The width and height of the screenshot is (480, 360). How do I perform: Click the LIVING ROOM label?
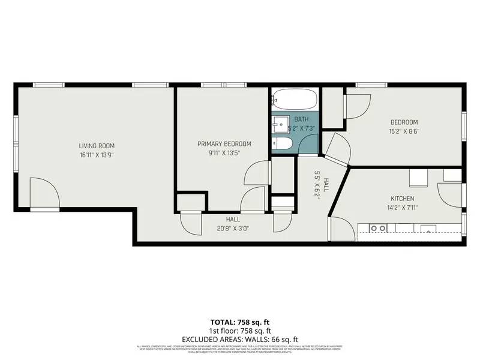(97, 146)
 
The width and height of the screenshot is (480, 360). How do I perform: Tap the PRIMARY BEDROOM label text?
(224, 144)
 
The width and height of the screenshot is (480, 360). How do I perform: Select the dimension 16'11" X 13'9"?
(97, 155)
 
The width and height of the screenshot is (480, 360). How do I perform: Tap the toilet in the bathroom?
(283, 144)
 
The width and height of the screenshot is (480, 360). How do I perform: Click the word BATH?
(301, 119)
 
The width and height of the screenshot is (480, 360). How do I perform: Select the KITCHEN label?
(403, 199)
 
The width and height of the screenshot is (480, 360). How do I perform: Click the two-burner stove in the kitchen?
(378, 228)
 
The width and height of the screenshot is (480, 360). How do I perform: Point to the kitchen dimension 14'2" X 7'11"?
(403, 208)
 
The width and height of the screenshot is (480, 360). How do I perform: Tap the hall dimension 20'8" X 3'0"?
(233, 228)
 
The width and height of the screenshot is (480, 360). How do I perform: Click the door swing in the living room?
(45, 192)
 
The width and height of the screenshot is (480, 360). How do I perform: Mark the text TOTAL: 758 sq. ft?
(240, 322)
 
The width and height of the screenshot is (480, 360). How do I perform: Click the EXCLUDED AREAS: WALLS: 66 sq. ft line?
(240, 339)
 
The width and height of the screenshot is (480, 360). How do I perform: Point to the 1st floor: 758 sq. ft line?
(240, 331)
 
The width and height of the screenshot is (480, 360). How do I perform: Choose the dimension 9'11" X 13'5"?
(224, 153)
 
